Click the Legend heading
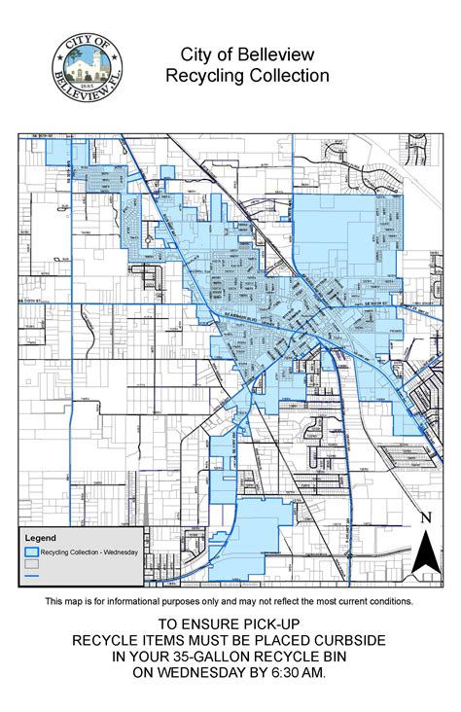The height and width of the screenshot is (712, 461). (x=41, y=537)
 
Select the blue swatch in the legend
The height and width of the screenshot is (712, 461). (x=31, y=551)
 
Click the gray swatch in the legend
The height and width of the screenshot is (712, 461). (x=31, y=563)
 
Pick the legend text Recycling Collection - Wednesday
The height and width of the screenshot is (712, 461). (x=89, y=552)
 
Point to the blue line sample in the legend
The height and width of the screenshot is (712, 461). (x=31, y=576)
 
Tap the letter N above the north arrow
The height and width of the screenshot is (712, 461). (x=424, y=517)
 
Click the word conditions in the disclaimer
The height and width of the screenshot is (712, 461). (x=387, y=602)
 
